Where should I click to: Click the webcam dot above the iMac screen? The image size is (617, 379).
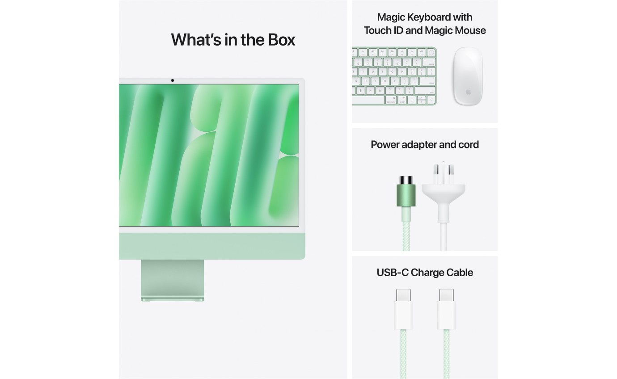point(172,80)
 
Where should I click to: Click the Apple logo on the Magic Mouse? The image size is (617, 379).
point(468,92)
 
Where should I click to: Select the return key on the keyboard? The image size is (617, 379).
point(428,81)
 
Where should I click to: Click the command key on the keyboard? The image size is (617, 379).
point(391,100)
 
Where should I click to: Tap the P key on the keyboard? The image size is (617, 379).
point(402,72)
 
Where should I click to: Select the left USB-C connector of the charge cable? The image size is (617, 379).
point(403,308)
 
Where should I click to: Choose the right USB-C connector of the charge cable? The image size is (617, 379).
point(446,308)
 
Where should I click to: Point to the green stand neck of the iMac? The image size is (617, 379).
point(173,277)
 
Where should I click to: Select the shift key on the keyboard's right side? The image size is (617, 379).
point(426,91)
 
